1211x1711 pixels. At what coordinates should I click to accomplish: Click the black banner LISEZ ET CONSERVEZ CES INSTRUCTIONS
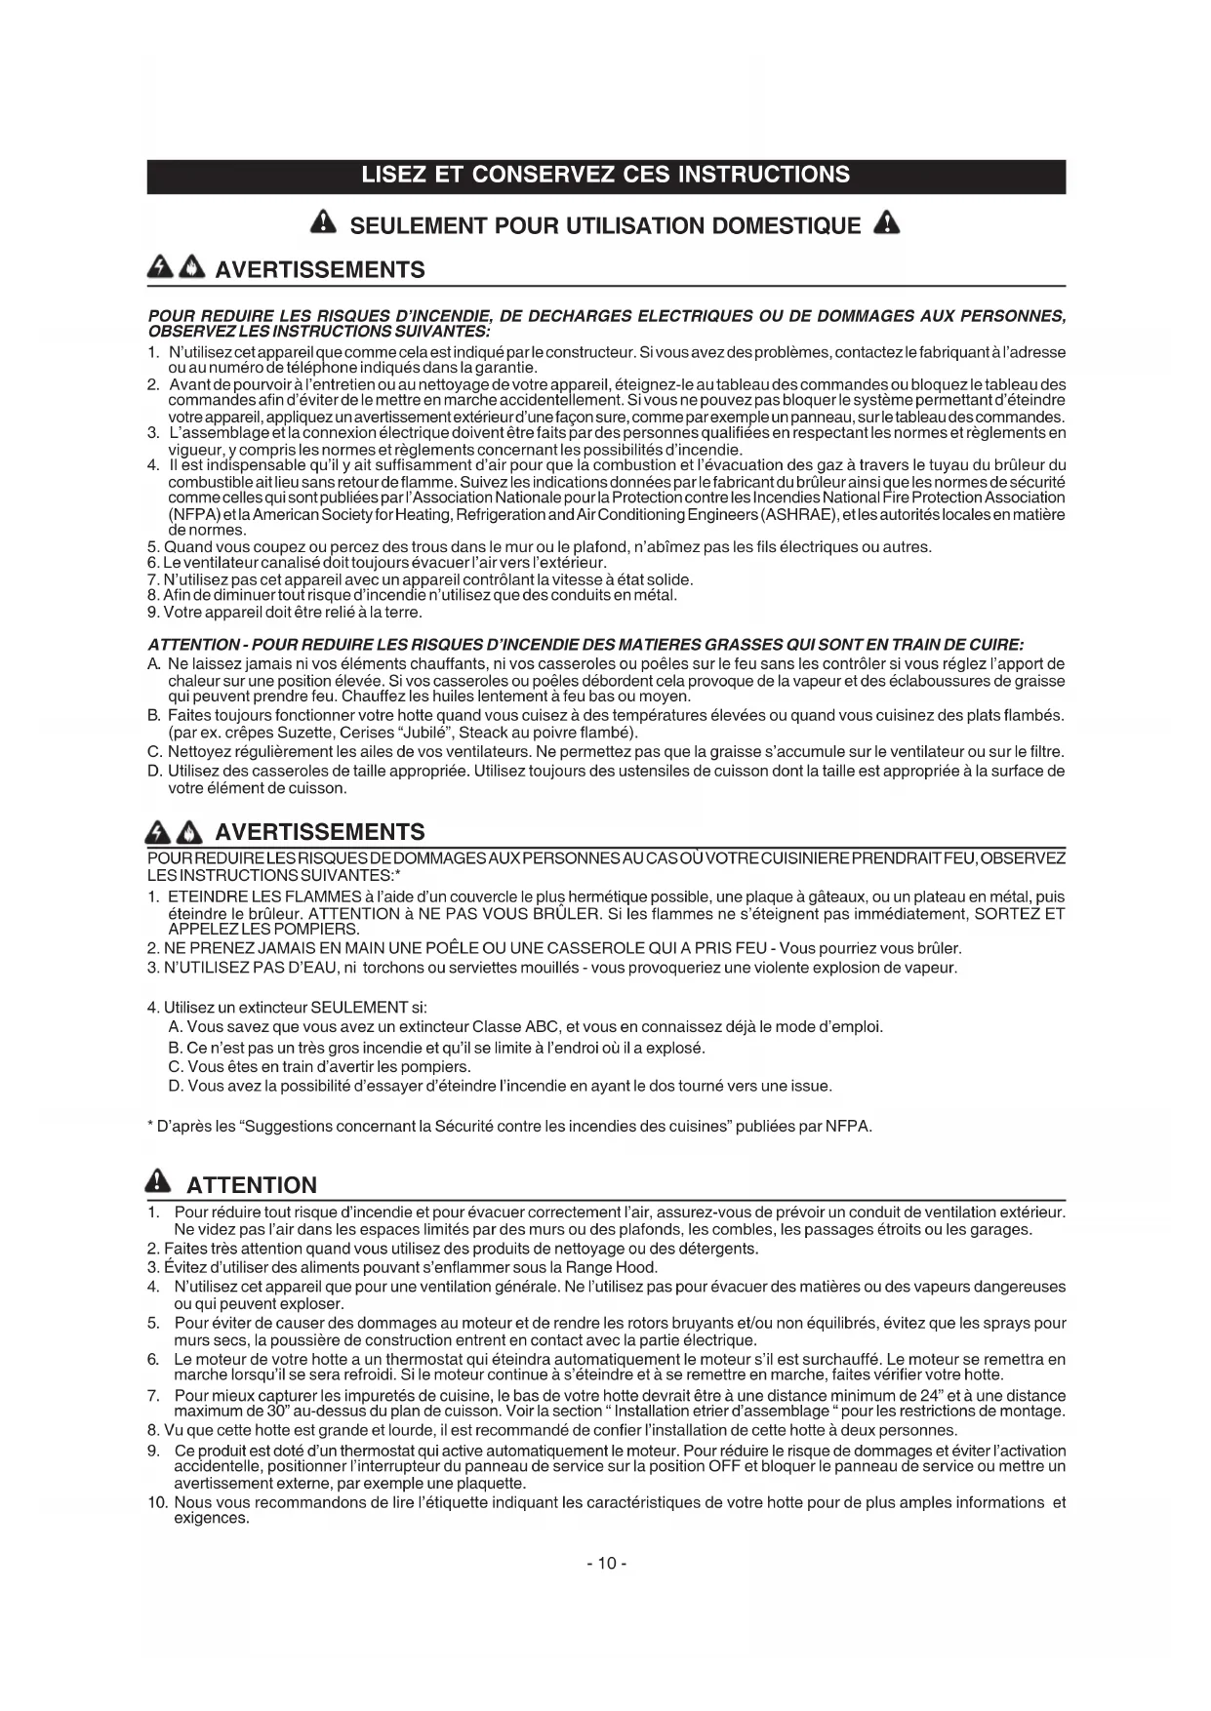pos(605,176)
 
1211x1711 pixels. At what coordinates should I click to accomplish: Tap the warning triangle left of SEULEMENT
pos(323,224)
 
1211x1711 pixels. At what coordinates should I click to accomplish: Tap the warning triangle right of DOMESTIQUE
pos(886,224)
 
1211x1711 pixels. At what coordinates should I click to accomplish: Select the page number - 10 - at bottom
pos(606,1564)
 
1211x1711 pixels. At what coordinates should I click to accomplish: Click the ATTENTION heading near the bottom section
pos(252,1185)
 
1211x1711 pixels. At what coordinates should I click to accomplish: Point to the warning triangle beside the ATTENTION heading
pos(157,1183)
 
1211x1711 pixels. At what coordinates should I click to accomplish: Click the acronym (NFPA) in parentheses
pos(186,514)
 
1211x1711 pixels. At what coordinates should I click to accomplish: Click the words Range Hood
pos(621,1268)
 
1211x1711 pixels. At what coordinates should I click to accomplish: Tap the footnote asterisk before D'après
pos(150,1126)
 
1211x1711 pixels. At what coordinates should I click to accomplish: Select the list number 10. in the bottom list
pos(159,1503)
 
